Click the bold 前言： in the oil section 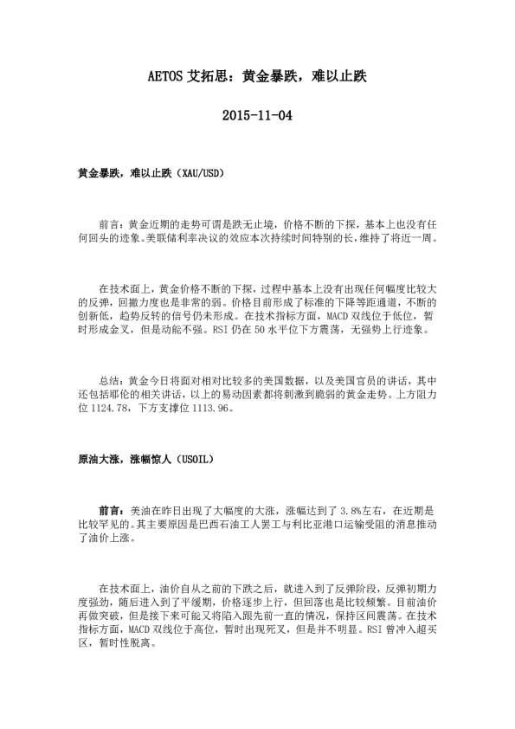(112, 513)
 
